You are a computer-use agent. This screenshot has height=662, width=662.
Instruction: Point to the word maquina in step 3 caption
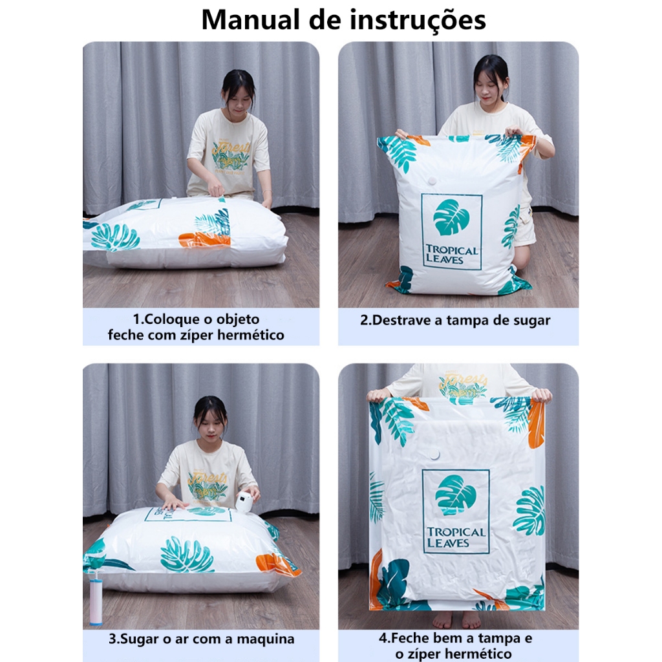tap(265, 639)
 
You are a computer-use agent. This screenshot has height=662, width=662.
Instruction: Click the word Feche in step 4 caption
tap(409, 637)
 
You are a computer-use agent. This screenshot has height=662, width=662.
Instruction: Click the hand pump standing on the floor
tap(96, 596)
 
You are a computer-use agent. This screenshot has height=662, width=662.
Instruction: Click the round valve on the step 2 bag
tap(432, 181)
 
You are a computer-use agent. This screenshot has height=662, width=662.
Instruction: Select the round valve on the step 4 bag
tap(433, 454)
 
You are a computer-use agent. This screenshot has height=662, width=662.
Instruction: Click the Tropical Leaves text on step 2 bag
tap(451, 255)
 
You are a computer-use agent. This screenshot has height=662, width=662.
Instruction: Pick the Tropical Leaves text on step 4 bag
tap(455, 537)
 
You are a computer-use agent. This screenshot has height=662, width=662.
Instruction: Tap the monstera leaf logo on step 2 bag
tap(451, 217)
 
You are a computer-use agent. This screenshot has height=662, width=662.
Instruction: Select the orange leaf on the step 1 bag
tap(204, 240)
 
